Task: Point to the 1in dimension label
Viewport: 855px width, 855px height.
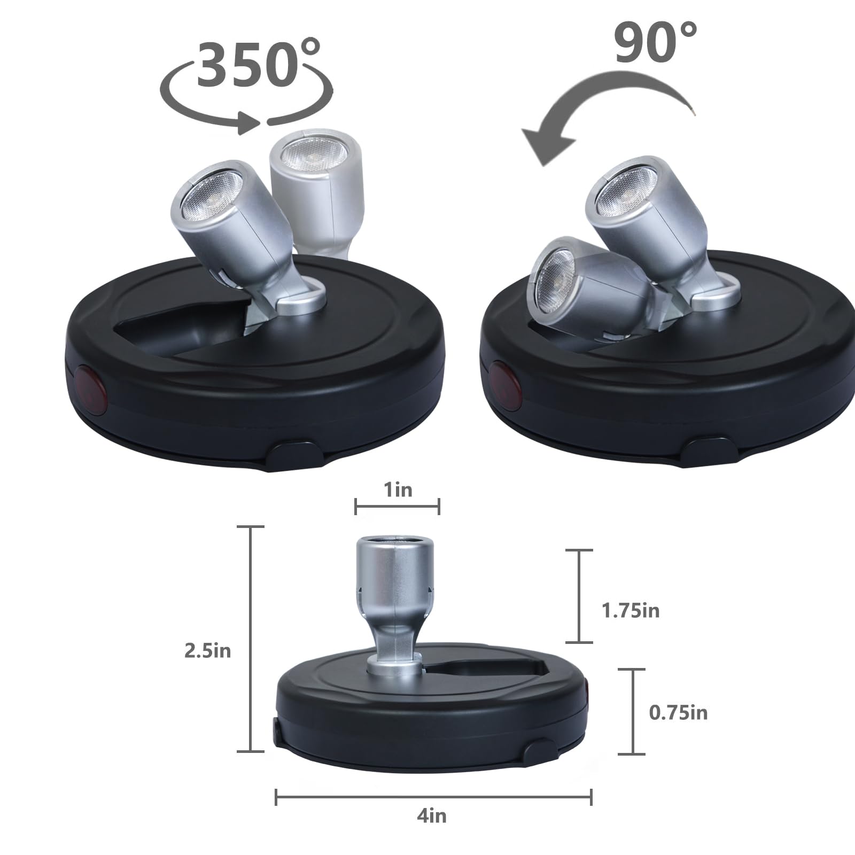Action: (x=398, y=489)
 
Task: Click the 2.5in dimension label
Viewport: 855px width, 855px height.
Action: (x=207, y=651)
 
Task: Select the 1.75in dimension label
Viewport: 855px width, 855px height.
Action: (x=631, y=611)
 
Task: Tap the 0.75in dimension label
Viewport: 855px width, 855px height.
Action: (x=678, y=713)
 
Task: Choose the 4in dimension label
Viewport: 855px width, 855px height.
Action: (x=431, y=816)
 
